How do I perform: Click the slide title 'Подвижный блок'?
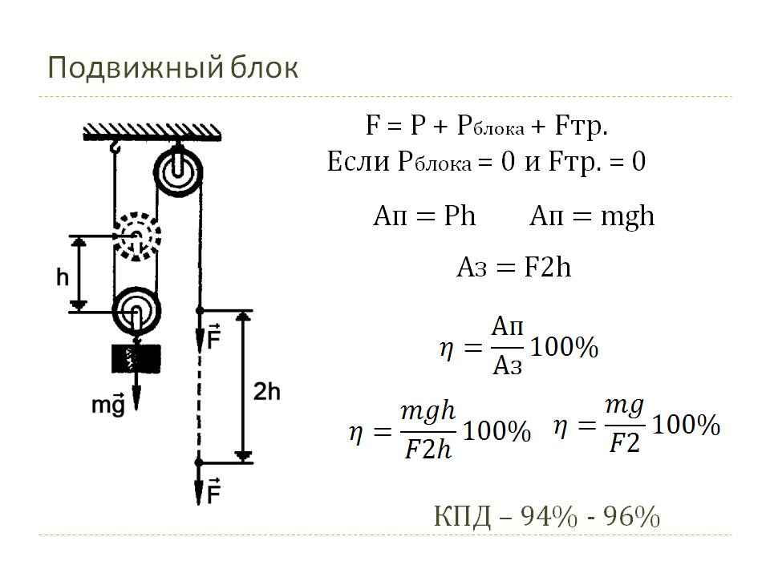point(173,67)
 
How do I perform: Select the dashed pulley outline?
point(137,236)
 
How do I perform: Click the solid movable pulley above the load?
point(136,310)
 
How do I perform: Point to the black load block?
point(136,359)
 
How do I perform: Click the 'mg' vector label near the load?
point(108,404)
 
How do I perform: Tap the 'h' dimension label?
point(63,277)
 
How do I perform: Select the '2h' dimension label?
point(266,392)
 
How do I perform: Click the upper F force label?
point(213,337)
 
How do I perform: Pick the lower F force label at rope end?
point(213,490)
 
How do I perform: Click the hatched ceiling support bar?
point(152,132)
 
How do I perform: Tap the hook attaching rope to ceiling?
point(115,145)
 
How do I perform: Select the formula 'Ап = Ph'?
point(424,216)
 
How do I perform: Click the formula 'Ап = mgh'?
point(592,216)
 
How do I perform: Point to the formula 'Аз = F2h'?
point(514,268)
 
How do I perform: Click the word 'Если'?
point(359,161)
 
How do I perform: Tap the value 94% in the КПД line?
point(549,516)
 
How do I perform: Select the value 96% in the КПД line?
point(631,516)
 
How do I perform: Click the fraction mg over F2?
point(625,425)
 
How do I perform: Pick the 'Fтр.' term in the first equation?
point(582,126)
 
